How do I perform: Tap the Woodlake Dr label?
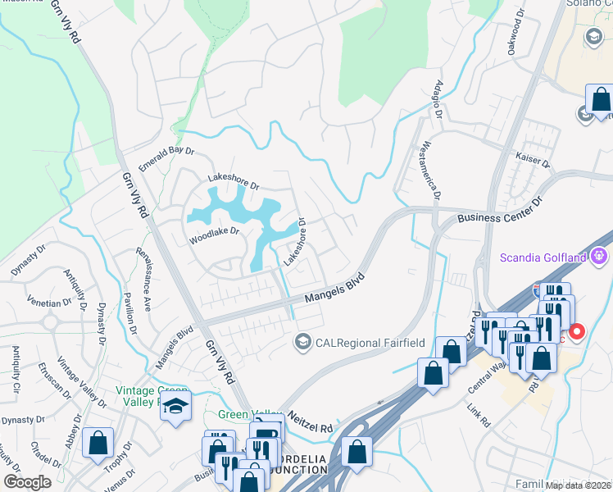[x=214, y=232]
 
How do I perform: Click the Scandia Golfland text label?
[x=543, y=258]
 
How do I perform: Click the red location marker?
[x=577, y=332]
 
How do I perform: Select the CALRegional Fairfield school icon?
[x=304, y=340]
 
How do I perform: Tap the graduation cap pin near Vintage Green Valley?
[x=175, y=407]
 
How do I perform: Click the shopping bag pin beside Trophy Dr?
[x=98, y=443]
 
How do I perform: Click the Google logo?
[x=28, y=482]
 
